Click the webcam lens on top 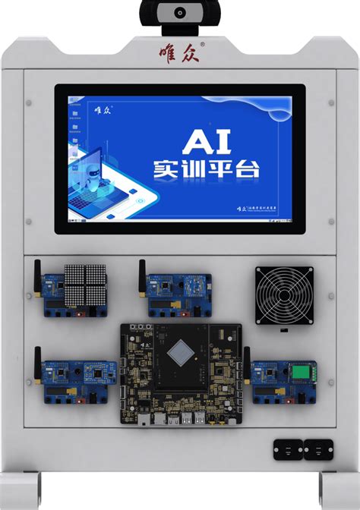click(181, 12)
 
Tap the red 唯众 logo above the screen click(180, 51)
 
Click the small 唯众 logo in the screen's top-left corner click(103, 108)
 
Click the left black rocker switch click(288, 450)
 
